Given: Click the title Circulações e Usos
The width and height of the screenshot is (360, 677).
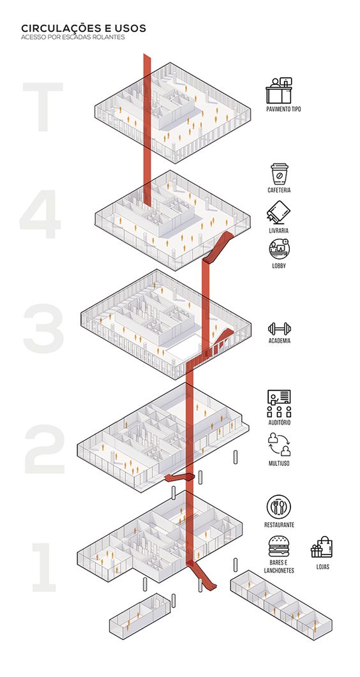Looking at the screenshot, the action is click(84, 29).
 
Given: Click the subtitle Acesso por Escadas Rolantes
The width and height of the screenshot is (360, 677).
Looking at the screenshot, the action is click(73, 37).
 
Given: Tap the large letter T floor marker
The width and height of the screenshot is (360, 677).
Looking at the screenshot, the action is click(43, 107).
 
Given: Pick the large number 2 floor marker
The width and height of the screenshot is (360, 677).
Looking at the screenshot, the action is click(45, 448).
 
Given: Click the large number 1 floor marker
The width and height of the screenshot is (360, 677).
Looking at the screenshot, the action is click(45, 567).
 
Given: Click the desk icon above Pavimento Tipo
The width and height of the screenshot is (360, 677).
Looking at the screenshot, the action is click(279, 90).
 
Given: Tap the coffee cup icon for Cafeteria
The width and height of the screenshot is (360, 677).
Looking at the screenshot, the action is click(280, 174).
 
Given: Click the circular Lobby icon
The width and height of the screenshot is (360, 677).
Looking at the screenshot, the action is click(280, 249).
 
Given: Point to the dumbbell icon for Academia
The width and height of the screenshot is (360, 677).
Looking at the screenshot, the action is click(280, 329).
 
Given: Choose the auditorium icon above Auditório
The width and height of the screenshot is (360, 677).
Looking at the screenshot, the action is click(279, 403).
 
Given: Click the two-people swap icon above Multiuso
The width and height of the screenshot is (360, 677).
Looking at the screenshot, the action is click(280, 445).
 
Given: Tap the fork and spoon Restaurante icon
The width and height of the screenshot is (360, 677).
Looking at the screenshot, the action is click(278, 507).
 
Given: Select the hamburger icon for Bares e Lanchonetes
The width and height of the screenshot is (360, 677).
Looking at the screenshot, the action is click(279, 546).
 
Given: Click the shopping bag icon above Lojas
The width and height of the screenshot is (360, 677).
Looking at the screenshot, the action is click(322, 547).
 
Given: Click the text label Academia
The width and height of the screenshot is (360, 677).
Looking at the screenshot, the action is click(280, 341).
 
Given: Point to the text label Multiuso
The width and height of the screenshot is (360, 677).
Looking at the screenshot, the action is click(280, 463).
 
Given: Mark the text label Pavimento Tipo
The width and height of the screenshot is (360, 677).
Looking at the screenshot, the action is click(283, 109).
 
